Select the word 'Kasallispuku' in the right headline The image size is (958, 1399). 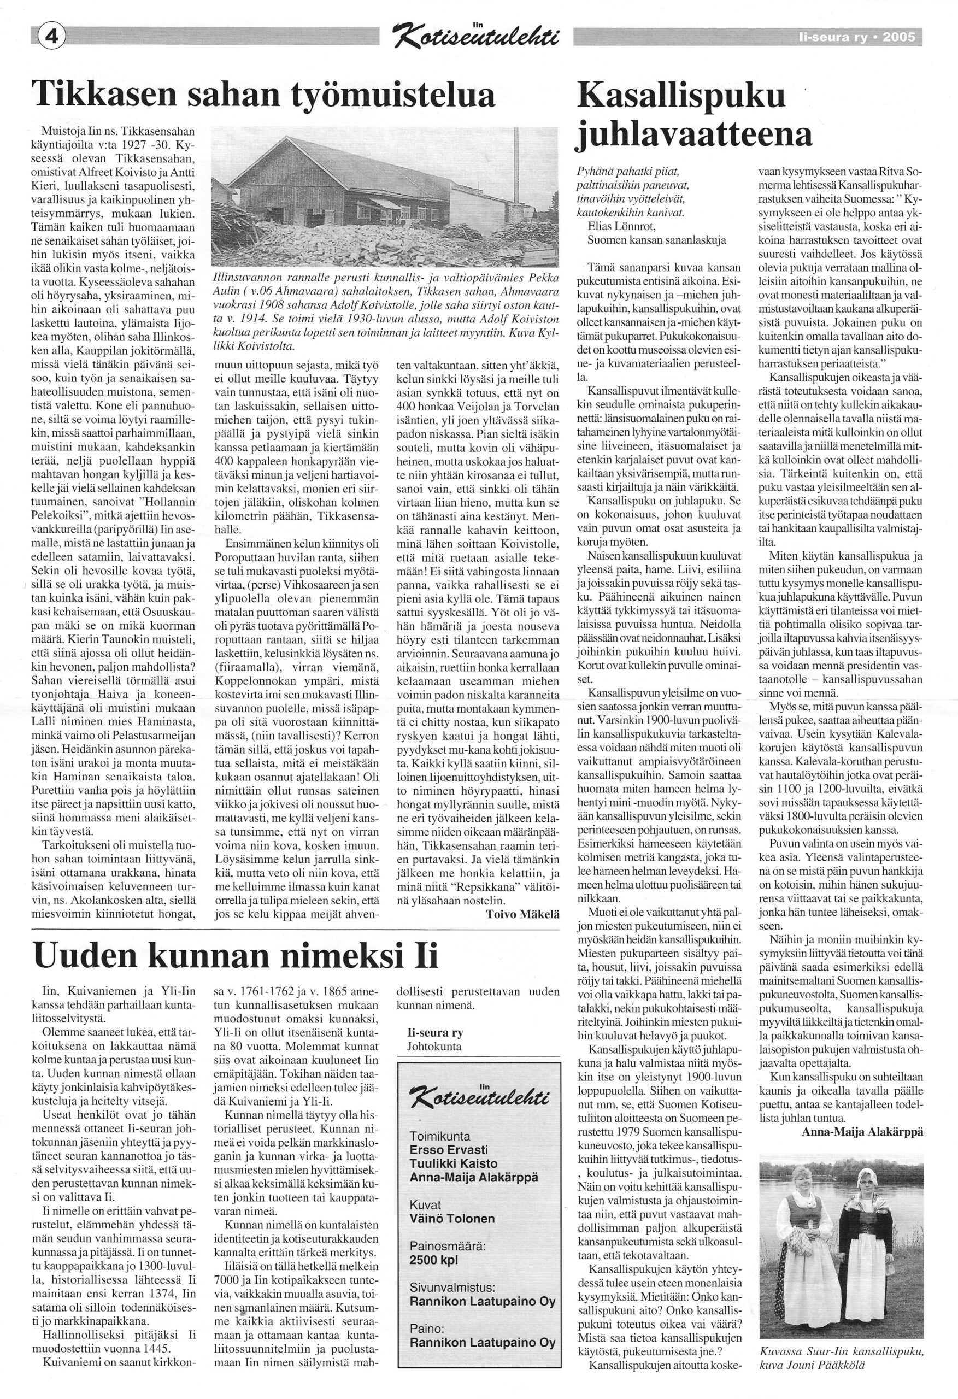tap(681, 96)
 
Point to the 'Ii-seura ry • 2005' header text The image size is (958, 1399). tap(856, 38)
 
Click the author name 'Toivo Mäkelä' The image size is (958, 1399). tap(522, 913)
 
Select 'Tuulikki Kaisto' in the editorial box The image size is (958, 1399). tap(454, 1163)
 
